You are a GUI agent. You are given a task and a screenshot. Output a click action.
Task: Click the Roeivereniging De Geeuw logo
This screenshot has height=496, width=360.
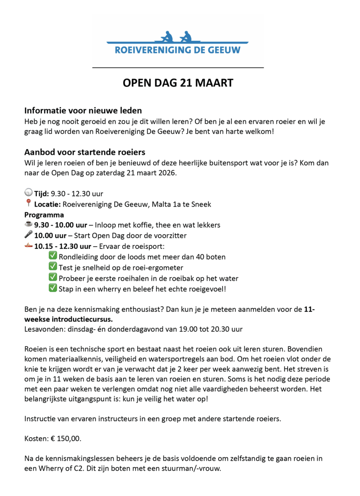coord(177,43)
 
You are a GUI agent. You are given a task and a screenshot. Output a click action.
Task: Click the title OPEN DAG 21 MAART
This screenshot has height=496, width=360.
coord(178,83)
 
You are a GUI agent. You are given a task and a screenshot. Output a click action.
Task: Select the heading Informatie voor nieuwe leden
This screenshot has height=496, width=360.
coord(83,111)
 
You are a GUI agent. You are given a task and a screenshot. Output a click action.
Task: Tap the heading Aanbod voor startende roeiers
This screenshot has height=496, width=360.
coord(84,152)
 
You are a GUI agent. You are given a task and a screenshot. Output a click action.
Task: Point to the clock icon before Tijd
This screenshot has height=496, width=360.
coord(28,193)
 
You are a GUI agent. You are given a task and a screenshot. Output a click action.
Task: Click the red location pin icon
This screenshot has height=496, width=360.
coord(28,203)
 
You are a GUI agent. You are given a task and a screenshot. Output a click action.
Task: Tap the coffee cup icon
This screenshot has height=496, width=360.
coord(28,225)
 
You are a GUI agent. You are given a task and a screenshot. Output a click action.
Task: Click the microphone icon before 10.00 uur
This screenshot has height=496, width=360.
coord(28,235)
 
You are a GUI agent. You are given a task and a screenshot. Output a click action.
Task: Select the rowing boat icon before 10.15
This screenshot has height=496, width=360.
coord(28,246)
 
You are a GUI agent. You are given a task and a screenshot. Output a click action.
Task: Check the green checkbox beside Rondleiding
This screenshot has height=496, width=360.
coord(53,256)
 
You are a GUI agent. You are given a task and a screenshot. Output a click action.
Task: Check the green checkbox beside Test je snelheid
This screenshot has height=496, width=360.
coord(53,267)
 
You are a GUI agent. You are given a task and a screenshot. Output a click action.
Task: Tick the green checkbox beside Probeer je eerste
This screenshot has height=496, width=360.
coord(53,278)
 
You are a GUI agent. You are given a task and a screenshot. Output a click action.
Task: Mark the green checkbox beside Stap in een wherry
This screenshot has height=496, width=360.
coord(53,288)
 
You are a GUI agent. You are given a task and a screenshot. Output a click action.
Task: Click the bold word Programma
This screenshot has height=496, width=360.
coord(44,214)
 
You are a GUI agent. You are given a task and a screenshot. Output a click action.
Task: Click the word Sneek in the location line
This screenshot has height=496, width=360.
coord(202,204)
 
